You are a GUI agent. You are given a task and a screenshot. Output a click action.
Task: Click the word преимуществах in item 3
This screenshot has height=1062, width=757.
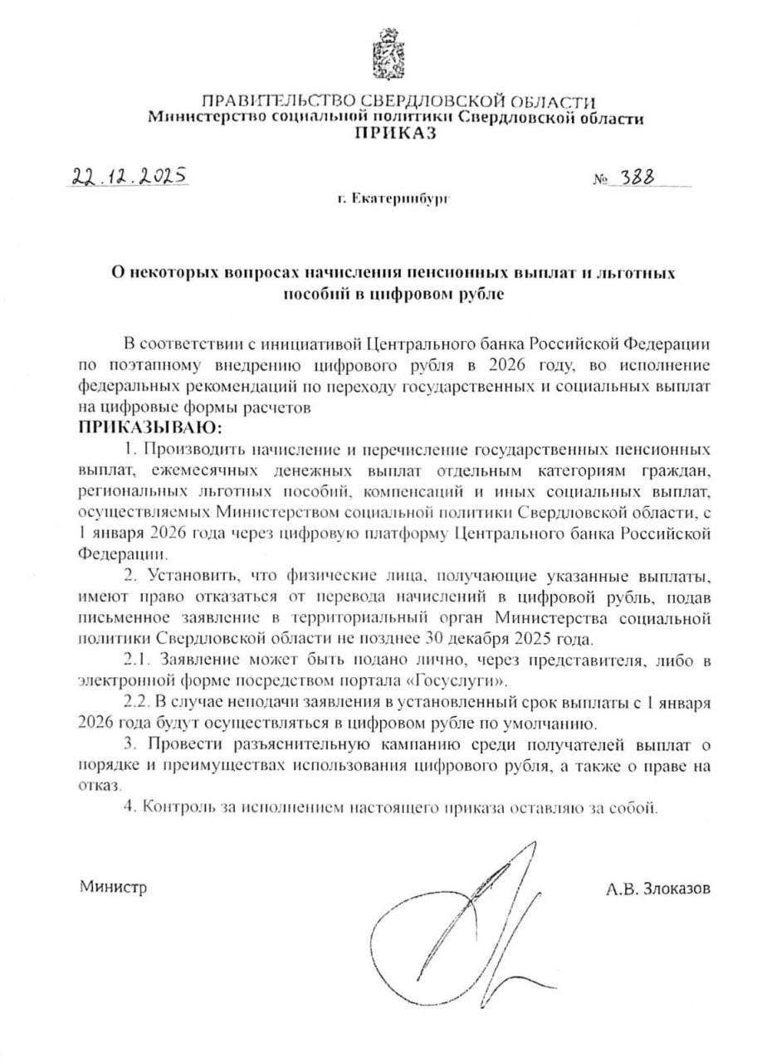click(x=206, y=765)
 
